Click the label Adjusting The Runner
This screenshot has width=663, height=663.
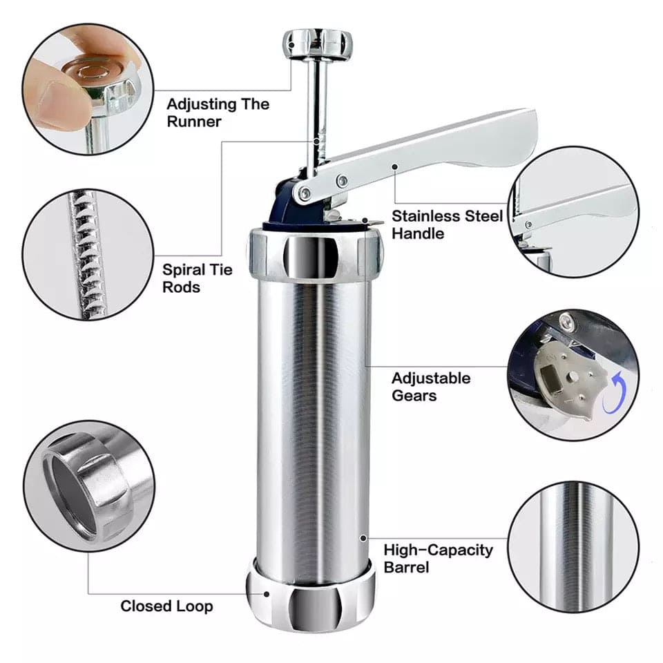coord(218,113)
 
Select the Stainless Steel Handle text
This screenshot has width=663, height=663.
coord(447,224)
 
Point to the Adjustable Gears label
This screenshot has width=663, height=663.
coord(431,387)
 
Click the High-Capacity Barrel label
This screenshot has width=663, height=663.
coord(439,558)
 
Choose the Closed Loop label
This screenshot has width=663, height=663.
coord(166,606)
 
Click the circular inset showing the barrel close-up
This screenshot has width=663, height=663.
coord(573,546)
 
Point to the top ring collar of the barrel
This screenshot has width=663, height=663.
coord(314,255)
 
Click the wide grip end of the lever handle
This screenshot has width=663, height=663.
coord(504,142)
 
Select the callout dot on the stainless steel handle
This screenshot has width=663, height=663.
coord(394,166)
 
